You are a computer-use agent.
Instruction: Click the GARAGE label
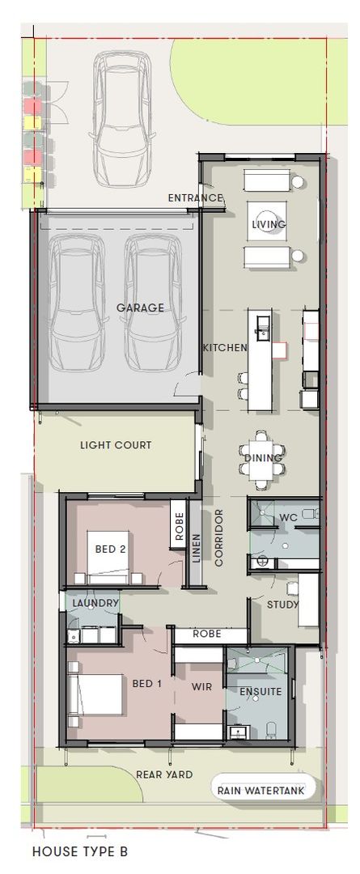139,308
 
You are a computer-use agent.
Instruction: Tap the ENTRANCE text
195,198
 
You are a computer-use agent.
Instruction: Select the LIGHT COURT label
115,445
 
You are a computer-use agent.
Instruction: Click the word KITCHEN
225,347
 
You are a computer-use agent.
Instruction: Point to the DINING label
263,458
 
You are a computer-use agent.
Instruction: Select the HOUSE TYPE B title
79,851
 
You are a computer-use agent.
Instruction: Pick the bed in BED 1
97,694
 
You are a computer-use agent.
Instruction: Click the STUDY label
283,605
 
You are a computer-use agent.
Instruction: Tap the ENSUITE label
260,692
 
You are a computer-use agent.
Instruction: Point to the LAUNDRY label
95,603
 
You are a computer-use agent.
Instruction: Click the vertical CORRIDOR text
218,537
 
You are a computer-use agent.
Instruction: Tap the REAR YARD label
165,774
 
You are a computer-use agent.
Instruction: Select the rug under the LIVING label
270,218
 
